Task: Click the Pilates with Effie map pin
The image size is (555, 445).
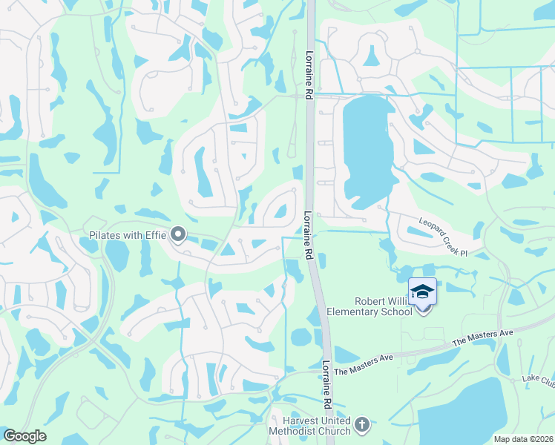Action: click(x=178, y=235)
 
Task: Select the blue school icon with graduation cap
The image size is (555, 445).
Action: click(x=422, y=291)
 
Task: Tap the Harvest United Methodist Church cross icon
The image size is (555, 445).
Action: click(x=361, y=424)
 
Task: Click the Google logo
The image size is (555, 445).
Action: click(x=24, y=436)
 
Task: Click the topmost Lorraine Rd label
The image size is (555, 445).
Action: click(x=309, y=75)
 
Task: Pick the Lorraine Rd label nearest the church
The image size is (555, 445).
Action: click(x=326, y=386)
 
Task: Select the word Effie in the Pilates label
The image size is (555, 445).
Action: click(x=157, y=236)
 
